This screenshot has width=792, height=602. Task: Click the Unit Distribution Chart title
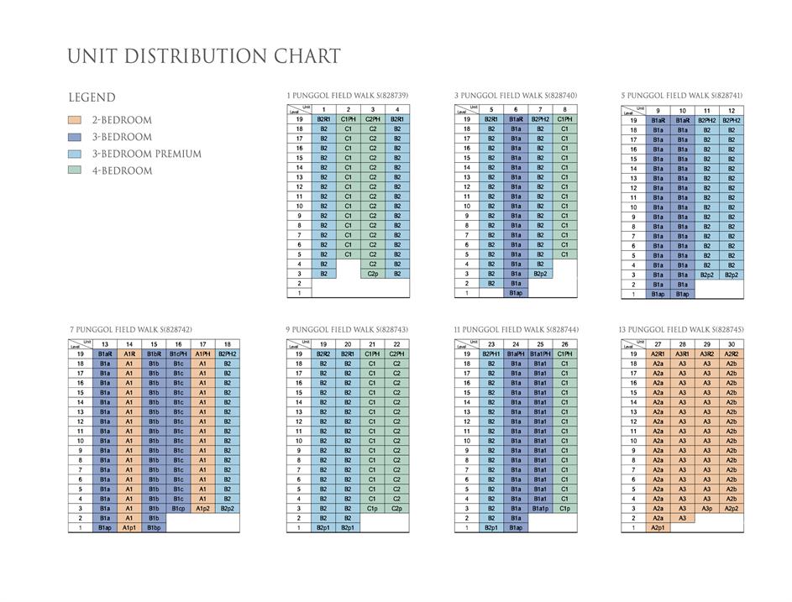point(204,57)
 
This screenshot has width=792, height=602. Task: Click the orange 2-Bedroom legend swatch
point(75,120)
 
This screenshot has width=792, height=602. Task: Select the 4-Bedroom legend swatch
point(75,170)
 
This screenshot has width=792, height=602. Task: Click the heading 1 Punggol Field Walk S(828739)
point(348,96)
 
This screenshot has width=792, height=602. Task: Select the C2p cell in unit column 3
point(372,274)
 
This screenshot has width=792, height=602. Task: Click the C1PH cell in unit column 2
point(348,119)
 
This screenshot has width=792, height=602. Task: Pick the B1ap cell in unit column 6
point(516,293)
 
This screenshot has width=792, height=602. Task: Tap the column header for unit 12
point(732,110)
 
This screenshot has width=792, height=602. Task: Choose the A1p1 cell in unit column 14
point(129,527)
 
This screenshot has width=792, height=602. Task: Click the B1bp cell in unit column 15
point(154,527)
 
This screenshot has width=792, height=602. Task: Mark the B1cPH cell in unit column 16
point(178,354)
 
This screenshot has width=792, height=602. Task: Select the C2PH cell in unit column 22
point(396,354)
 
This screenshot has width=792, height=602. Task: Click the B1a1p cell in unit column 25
point(540,508)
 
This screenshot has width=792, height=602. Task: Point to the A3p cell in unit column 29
point(707,508)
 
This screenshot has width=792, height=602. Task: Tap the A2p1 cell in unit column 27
point(658,527)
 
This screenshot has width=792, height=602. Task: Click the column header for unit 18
point(227,344)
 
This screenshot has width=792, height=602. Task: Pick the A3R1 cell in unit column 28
point(683,354)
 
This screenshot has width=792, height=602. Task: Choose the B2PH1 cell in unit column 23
point(491,354)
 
